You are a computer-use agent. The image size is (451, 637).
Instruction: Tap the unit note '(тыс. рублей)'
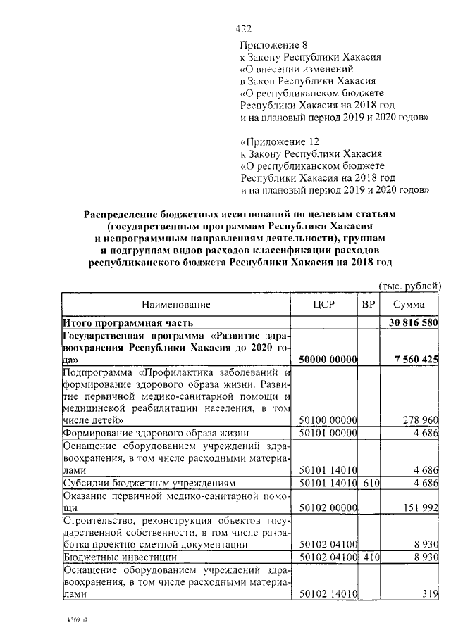409,285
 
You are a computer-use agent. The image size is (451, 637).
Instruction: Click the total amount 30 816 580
414,322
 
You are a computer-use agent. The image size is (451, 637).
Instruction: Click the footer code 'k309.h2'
73,623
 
